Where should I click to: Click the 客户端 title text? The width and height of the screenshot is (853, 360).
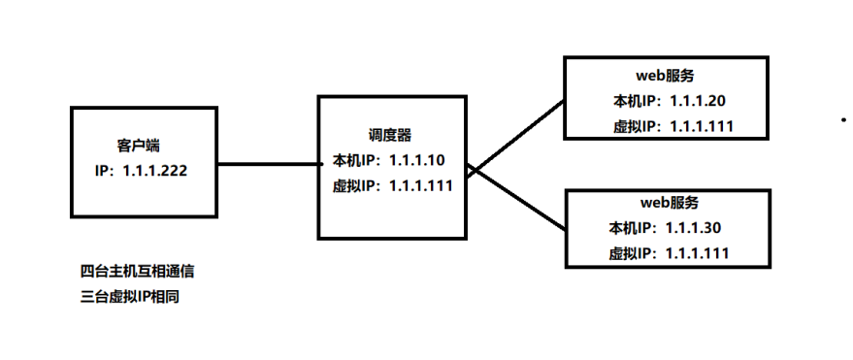click(x=139, y=145)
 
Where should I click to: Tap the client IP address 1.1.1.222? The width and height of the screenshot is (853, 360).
click(x=154, y=169)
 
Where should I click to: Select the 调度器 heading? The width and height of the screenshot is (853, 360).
click(x=390, y=134)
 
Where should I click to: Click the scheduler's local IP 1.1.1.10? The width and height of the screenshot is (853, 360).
click(x=417, y=160)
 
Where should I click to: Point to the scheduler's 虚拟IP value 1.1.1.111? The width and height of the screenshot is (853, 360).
click(x=421, y=186)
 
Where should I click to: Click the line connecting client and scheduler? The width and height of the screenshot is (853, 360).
click(x=269, y=165)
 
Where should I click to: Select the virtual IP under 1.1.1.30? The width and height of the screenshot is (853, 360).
click(x=698, y=253)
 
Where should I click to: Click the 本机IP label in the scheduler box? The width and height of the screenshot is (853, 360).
click(x=356, y=160)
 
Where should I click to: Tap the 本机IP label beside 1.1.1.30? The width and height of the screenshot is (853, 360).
click(x=632, y=228)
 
